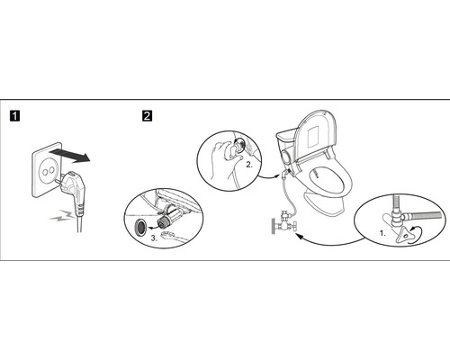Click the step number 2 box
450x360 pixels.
click(x=147, y=115)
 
